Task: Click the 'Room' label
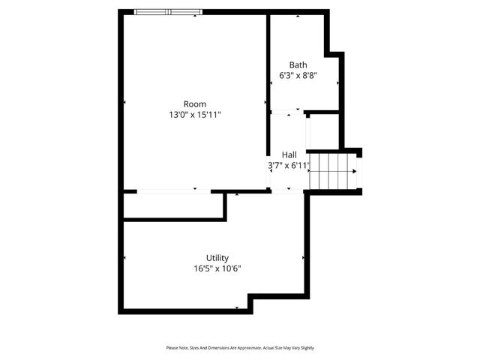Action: [195, 104]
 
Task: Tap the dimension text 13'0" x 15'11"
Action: [195, 115]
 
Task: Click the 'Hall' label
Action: [289, 154]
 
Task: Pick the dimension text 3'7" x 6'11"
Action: [289, 166]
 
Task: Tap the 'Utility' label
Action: [217, 257]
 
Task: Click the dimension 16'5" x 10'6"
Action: [217, 268]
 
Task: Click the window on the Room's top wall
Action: [169, 11]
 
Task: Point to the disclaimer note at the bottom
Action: [240, 348]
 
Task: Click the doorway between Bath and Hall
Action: [285, 112]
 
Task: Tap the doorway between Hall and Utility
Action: [285, 191]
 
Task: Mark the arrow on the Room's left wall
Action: [124, 102]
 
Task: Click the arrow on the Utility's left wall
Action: [124, 258]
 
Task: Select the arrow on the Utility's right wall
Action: [303, 258]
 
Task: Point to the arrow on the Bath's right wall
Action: [338, 81]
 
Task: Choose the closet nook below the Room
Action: [174, 205]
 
